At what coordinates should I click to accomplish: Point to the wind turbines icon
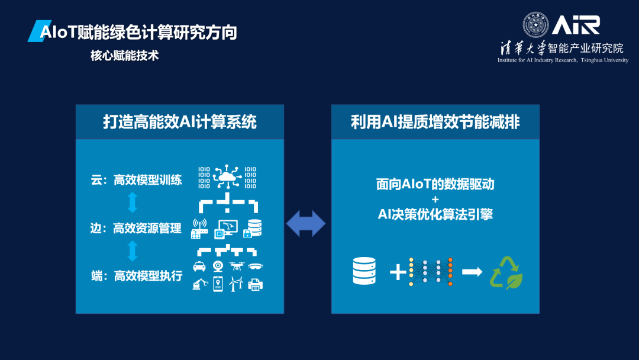point(237,285)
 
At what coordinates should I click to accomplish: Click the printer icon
point(256,285)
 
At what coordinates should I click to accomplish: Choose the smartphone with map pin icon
point(218,285)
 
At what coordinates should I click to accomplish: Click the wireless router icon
point(199,229)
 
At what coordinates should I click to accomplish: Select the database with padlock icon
point(255,228)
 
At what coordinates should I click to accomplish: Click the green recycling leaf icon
point(506,272)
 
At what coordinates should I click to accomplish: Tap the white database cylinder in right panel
point(364,272)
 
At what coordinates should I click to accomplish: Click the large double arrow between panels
point(306,224)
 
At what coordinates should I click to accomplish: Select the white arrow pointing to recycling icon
point(472,272)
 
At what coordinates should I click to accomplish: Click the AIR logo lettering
point(576,25)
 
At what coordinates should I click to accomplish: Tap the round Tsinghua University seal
point(535,25)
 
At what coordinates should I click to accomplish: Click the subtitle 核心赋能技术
point(124,56)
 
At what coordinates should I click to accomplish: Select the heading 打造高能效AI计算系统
point(180,122)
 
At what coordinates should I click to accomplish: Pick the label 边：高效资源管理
point(136,228)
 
